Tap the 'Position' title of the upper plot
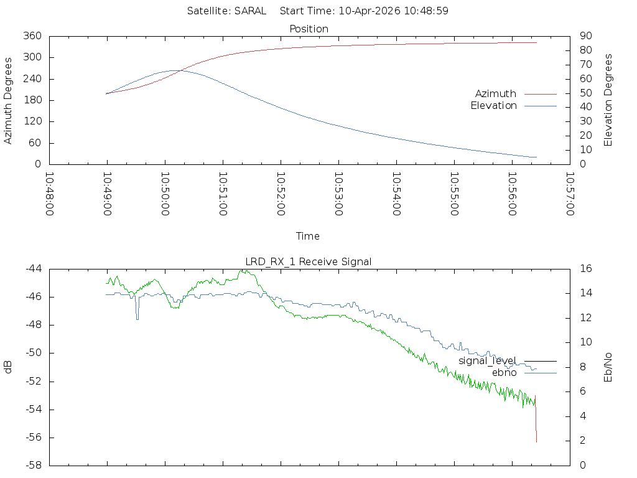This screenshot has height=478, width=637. (x=309, y=29)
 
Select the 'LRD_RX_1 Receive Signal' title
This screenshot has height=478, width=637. (x=309, y=261)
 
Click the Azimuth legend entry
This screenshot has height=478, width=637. (x=496, y=93)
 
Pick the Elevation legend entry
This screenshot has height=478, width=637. (x=493, y=106)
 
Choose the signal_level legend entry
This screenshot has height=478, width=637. (x=487, y=360)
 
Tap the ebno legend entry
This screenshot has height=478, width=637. (x=504, y=372)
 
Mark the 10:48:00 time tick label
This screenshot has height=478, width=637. (x=50, y=194)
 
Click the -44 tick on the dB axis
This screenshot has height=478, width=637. (x=34, y=269)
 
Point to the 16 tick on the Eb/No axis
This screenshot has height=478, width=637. (x=585, y=269)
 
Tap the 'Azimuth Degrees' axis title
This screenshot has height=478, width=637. (x=9, y=100)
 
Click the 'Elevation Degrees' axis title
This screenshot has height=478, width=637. (x=608, y=100)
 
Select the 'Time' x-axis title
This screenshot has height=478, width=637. (x=308, y=236)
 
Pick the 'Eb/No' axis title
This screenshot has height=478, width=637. (x=608, y=367)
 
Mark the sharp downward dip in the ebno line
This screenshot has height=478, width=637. (x=137, y=318)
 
